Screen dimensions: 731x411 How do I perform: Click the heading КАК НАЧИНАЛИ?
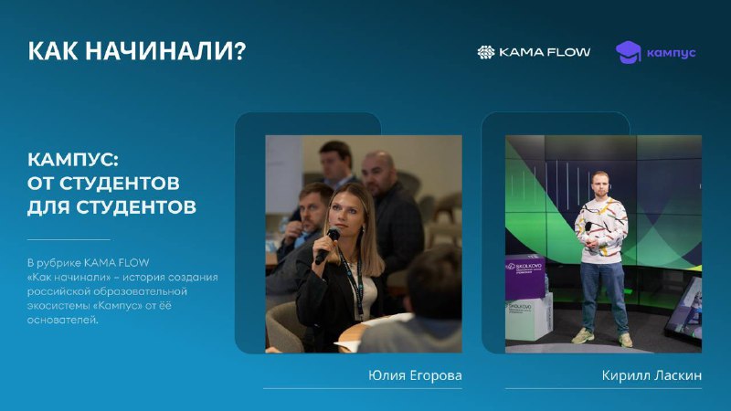(x=136, y=51)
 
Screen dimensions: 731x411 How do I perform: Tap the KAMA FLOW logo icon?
(x=486, y=52)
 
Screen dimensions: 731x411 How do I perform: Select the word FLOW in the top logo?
(x=568, y=52)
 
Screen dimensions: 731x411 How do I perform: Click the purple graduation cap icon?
(x=629, y=52)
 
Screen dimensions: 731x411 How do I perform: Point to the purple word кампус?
(x=672, y=53)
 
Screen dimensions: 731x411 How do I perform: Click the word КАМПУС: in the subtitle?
(x=73, y=160)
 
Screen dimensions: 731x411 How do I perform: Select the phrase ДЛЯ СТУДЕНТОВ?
(x=111, y=207)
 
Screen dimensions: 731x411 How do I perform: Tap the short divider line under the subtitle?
(x=69, y=239)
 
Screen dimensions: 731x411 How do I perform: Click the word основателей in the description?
(x=62, y=321)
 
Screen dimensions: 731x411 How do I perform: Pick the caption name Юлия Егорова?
(x=415, y=375)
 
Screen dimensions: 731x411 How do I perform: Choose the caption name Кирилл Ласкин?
(x=652, y=375)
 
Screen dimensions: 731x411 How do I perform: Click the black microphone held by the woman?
(x=328, y=245)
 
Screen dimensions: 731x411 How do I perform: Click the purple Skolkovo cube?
(x=525, y=277)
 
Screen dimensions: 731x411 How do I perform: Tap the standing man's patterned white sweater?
(x=601, y=229)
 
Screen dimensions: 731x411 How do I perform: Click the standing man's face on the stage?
(x=601, y=185)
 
